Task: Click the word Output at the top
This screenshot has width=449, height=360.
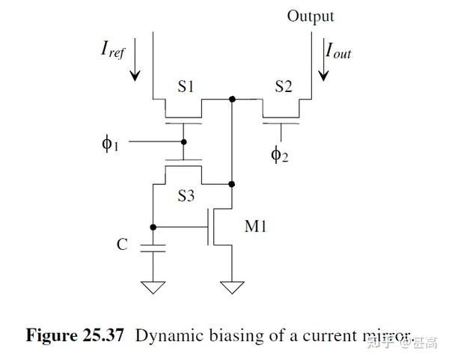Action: click(311, 16)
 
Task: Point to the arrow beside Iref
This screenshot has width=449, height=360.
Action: click(135, 66)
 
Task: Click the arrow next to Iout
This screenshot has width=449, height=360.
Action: click(323, 66)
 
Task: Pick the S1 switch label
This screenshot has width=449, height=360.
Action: click(186, 87)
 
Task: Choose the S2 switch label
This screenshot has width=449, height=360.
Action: click(283, 87)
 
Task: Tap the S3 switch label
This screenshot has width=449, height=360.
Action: click(186, 197)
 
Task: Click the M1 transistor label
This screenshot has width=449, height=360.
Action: click(256, 226)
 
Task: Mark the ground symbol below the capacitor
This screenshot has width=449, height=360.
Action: click(153, 287)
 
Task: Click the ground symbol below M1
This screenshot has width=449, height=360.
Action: click(232, 287)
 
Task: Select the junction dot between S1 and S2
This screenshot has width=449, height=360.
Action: click(232, 99)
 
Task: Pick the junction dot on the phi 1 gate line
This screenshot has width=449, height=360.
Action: click(184, 140)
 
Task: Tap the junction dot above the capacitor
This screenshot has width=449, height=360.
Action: click(153, 226)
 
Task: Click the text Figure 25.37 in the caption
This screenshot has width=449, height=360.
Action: click(75, 335)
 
